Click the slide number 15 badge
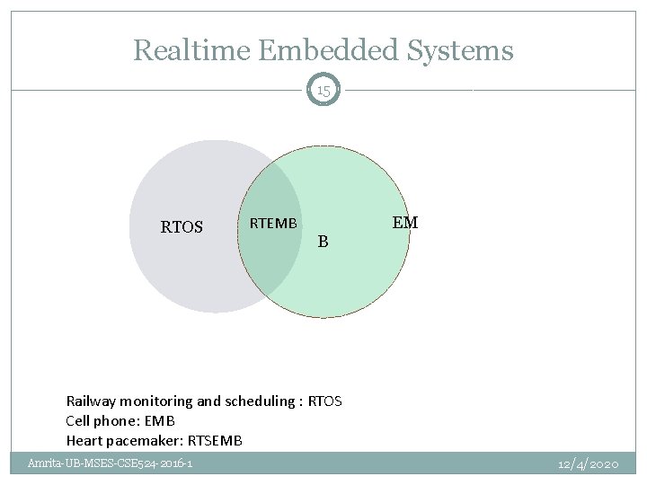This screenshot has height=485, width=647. (x=323, y=91)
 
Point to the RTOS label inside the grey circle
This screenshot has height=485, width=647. (x=182, y=227)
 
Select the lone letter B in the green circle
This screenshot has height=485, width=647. (x=323, y=242)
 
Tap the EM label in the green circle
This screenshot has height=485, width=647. (x=405, y=222)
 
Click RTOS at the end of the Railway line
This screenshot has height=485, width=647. (x=324, y=401)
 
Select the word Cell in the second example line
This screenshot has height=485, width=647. (x=78, y=420)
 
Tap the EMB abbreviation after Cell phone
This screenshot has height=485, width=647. (x=158, y=420)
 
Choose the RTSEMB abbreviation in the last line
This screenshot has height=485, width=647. (x=214, y=440)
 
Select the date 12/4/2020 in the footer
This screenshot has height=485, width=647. (x=588, y=463)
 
